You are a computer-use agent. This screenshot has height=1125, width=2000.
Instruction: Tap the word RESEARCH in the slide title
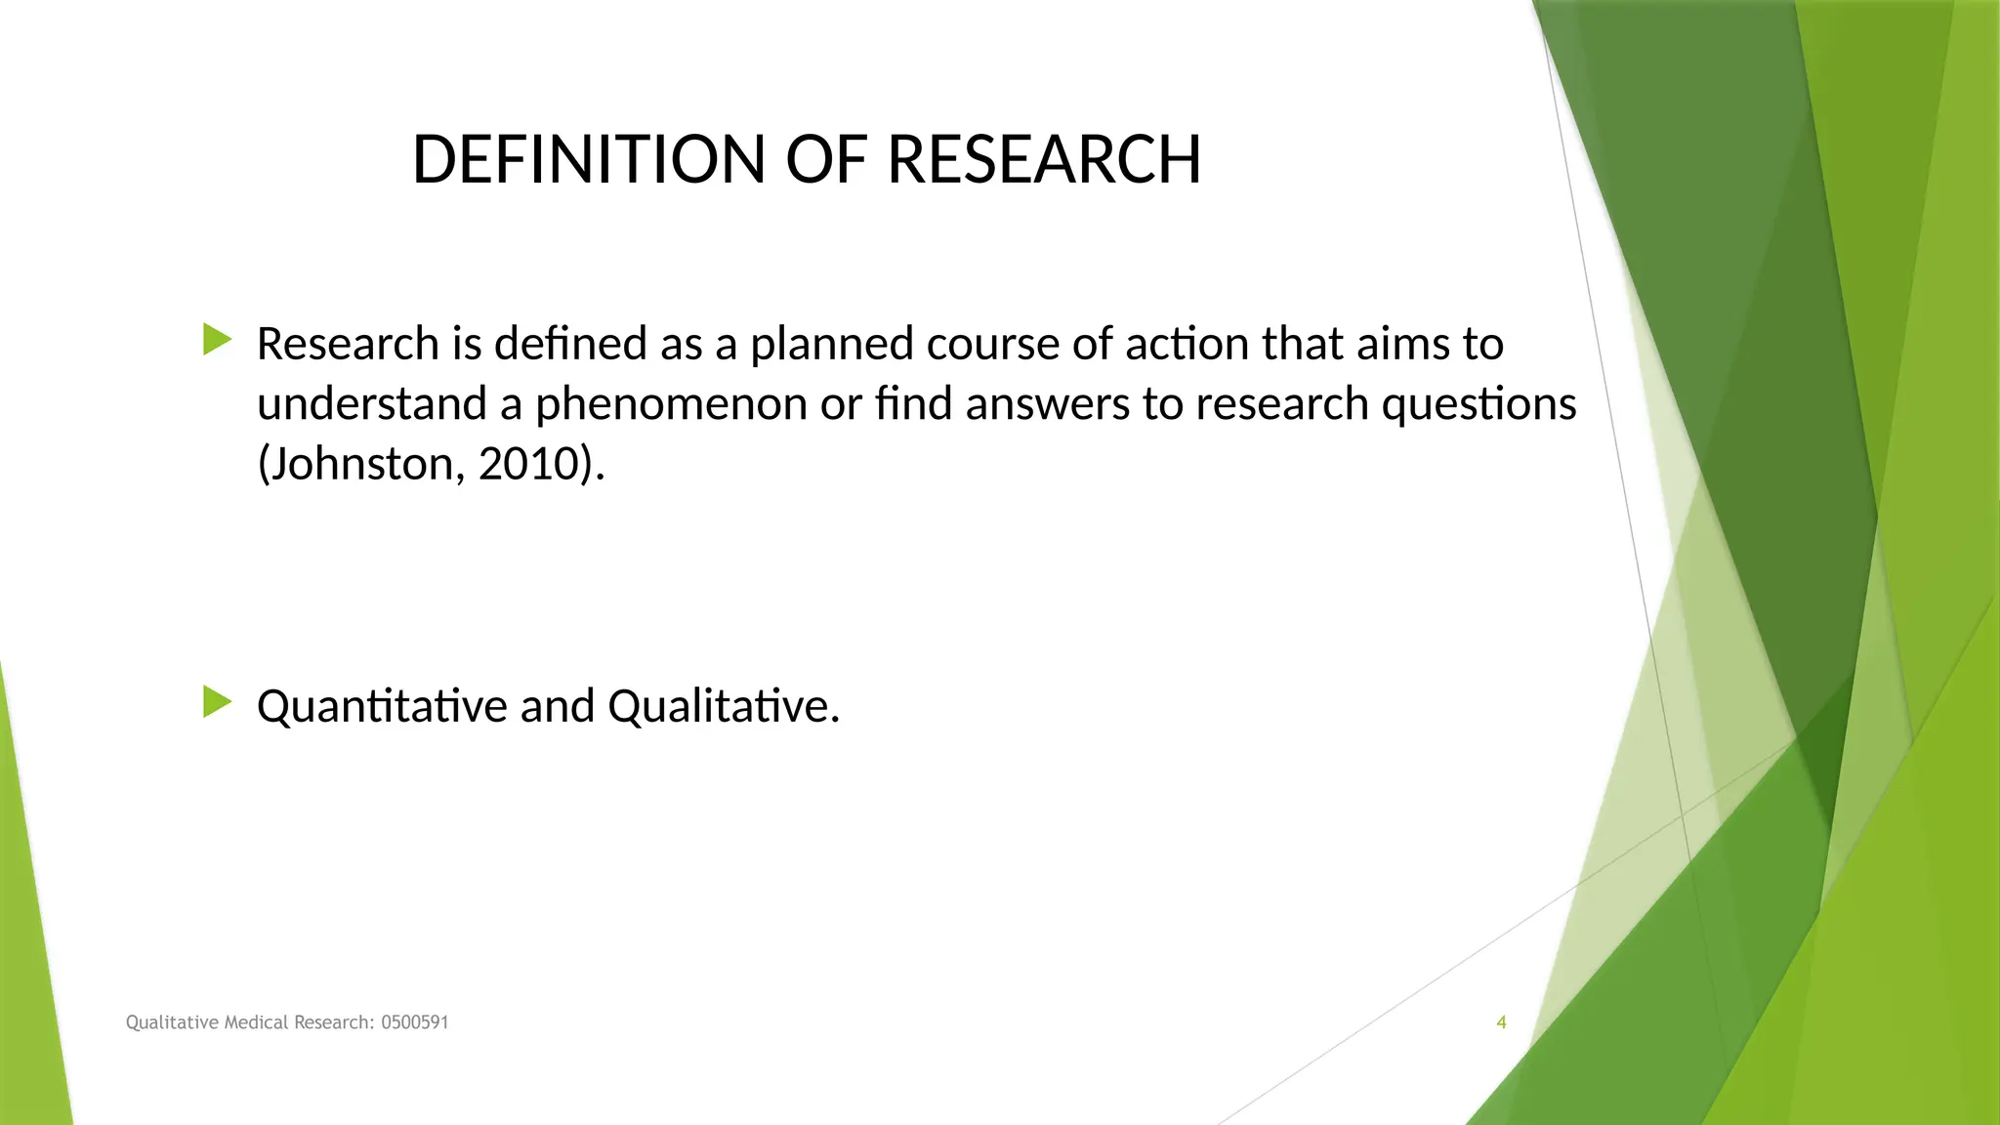tap(1044, 159)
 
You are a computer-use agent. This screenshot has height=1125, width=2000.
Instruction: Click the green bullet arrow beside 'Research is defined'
tap(217, 340)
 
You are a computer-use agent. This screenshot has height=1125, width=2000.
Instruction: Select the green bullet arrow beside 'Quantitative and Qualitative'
tap(217, 702)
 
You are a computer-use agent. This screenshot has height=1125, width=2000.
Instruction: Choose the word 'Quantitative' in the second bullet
tap(381, 706)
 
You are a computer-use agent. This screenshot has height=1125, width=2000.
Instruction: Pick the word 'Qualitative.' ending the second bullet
tap(723, 706)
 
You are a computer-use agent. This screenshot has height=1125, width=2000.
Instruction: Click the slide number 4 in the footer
tap(1501, 1022)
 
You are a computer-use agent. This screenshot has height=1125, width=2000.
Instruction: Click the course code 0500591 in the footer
tap(414, 1022)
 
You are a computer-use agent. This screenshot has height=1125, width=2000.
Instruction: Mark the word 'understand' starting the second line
tap(372, 404)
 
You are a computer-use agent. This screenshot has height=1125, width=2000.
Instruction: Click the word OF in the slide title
tap(826, 159)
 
